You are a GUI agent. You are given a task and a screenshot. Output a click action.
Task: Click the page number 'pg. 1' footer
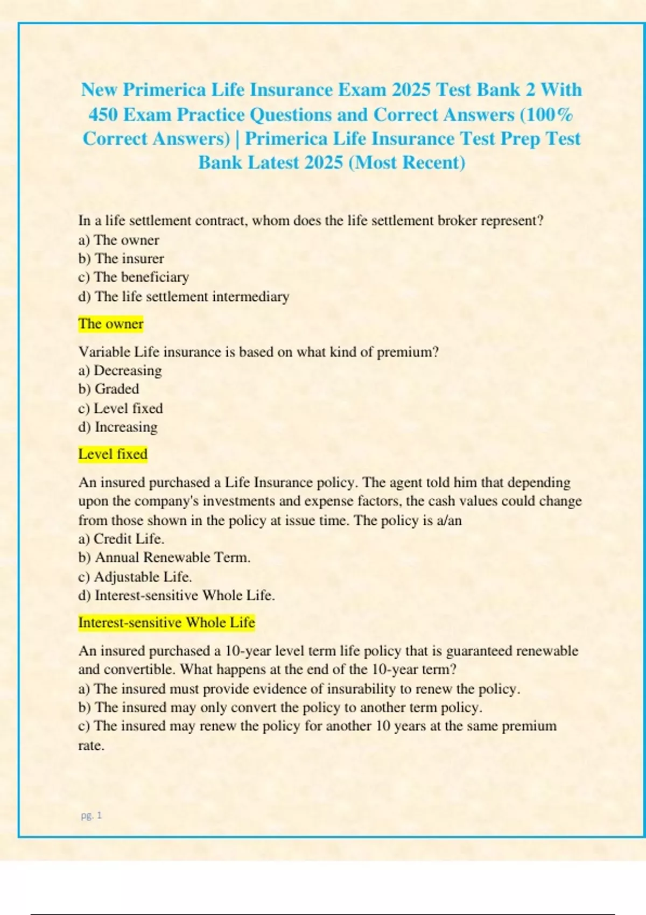coord(91,815)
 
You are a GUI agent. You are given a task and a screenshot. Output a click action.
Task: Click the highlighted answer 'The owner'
coord(111,323)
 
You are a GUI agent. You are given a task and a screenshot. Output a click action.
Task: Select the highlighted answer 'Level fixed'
coord(113,454)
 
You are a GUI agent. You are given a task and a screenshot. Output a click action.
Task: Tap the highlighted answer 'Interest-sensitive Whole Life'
coord(166,623)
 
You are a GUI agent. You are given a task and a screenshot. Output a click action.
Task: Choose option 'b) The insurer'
coord(121,258)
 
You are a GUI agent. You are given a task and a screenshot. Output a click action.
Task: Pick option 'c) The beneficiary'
coord(134,277)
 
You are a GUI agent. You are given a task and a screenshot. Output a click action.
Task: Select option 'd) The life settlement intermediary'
coord(184,297)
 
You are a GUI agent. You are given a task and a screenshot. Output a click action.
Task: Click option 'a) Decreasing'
coord(120,370)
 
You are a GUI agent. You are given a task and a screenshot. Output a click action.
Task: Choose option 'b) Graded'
coord(109,389)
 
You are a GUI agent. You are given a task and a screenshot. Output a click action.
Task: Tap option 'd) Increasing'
coord(118,427)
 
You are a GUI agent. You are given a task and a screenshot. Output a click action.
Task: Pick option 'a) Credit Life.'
coord(121,539)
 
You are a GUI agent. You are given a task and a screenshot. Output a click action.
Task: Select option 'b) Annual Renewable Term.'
coord(164,558)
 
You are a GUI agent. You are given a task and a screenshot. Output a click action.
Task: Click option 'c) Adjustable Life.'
coord(135,577)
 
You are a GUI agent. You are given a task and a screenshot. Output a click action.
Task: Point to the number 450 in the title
coord(103,115)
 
